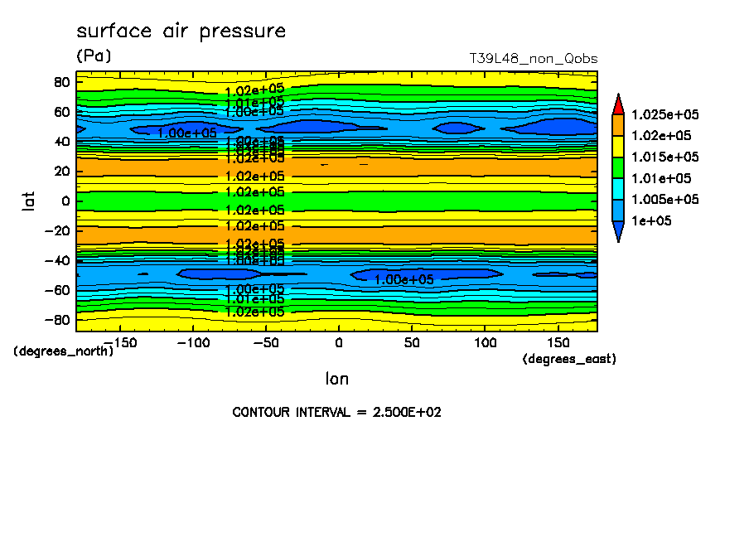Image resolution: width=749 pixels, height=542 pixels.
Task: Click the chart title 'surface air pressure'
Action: pos(181,31)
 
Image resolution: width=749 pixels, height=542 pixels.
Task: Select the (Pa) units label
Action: pos(93,56)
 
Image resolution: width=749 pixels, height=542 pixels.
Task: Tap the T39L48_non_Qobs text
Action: pos(533,59)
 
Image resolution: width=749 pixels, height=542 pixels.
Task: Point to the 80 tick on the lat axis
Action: pos(60,82)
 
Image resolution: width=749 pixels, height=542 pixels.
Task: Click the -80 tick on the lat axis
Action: pos(58,320)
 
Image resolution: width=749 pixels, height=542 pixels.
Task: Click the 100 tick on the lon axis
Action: pos(486,341)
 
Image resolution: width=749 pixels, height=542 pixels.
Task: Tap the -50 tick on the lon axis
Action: pos(265,341)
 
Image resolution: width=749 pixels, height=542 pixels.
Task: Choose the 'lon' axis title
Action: pos(336,379)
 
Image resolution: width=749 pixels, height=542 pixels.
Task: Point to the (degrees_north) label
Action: pos(64,351)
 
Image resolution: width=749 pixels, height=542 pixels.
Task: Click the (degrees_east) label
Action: pos(569,359)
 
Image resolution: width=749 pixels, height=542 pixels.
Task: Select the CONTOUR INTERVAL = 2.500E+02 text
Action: pos(336,412)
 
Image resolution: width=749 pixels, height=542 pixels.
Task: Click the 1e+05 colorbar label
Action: pos(651,221)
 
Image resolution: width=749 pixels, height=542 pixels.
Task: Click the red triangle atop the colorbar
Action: pos(618,104)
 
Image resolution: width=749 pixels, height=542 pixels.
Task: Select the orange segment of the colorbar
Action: pos(618,124)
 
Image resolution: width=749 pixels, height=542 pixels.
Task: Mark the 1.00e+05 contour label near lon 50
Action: pos(404,279)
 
